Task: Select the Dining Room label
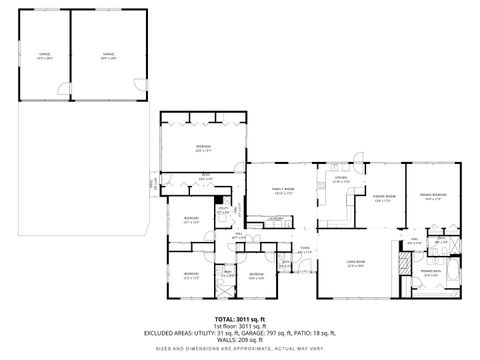coord(384,197)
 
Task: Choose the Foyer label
coord(304,251)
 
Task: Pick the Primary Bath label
coord(431,271)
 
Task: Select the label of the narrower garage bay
coord(44,55)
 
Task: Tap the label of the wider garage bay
coord(108,55)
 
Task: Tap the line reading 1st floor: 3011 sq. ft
coord(239,326)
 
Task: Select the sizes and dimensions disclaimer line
coord(239,348)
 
